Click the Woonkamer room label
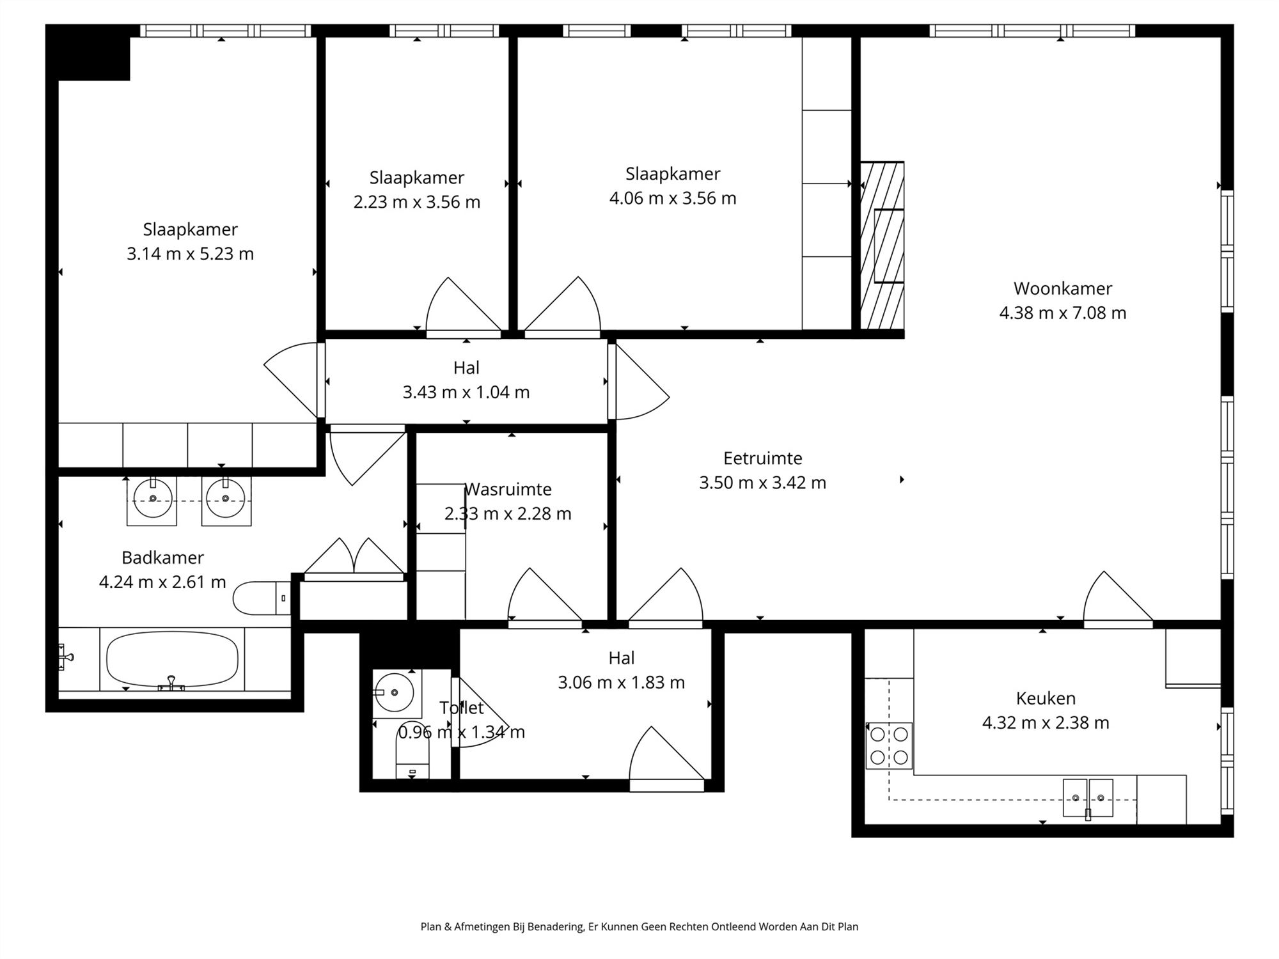pyautogui.click(x=1063, y=288)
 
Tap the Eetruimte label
pyautogui.click(x=762, y=458)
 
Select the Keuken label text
pyautogui.click(x=1046, y=698)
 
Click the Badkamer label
pyautogui.click(x=162, y=557)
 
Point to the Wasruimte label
pyautogui.click(x=508, y=489)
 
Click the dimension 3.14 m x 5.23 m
pyautogui.click(x=190, y=254)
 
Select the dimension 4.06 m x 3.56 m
pyautogui.click(x=673, y=198)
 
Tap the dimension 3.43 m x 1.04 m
pyautogui.click(x=466, y=392)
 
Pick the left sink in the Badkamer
pyautogui.click(x=152, y=499)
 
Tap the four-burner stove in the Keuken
pyautogui.click(x=889, y=745)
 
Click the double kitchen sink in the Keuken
pyautogui.click(x=1088, y=798)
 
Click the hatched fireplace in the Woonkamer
pyautogui.click(x=882, y=246)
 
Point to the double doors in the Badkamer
pyautogui.click(x=354, y=559)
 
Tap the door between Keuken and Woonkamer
pyautogui.click(x=1118, y=596)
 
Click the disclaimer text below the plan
pyautogui.click(x=639, y=926)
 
